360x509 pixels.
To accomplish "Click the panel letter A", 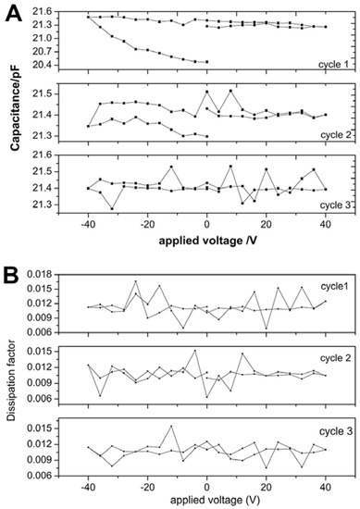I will pyautogui.click(x=13, y=12).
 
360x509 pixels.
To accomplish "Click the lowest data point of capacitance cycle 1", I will pyautogui.click(x=205, y=62).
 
